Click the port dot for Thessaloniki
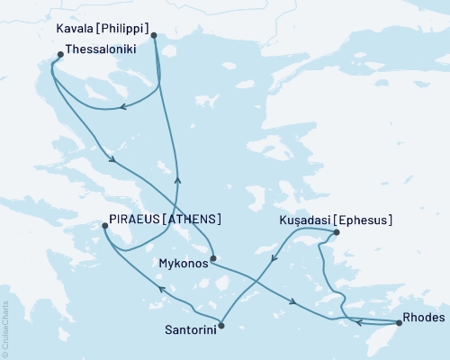pos(59,54)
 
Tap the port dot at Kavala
pos(154,36)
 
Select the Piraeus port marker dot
pos(104,227)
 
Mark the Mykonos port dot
pos(211,261)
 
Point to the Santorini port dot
pos(221,326)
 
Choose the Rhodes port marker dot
pos(399,322)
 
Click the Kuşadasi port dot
pos(336,232)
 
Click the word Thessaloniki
pos(102,51)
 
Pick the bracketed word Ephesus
pos(363,220)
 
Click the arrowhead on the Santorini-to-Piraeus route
pos(159,289)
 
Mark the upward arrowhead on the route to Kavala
pos(176,179)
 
